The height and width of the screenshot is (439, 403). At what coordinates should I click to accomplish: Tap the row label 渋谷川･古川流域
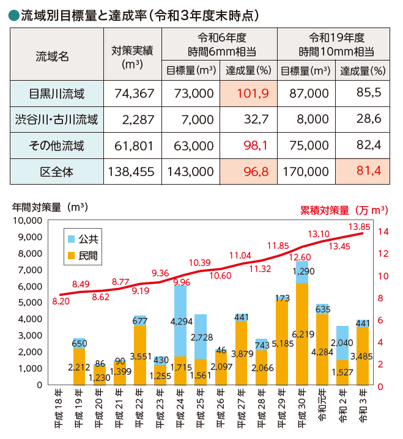(56, 119)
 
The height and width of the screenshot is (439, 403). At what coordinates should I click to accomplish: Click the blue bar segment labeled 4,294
(180, 321)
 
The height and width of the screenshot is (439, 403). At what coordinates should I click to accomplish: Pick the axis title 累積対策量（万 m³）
(344, 210)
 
